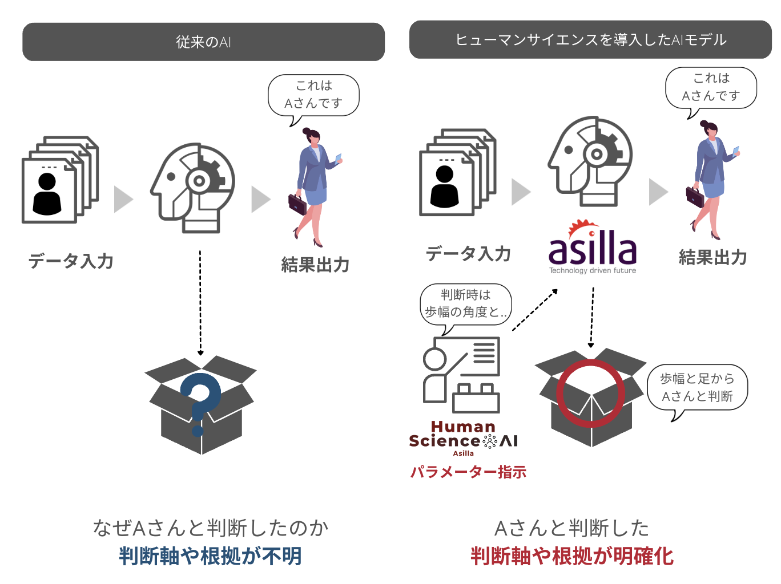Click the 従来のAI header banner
(x=203, y=42)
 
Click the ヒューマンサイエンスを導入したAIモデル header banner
(x=590, y=39)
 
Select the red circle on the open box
(x=590, y=393)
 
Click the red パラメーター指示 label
(x=468, y=472)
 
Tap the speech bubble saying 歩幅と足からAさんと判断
(x=697, y=388)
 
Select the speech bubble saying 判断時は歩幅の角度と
(x=466, y=304)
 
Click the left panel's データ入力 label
(x=71, y=261)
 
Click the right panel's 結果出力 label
(x=713, y=257)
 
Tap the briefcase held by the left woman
(x=297, y=204)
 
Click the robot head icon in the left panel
(x=192, y=187)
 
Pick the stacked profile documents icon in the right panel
(x=457, y=172)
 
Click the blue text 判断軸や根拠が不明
(x=210, y=555)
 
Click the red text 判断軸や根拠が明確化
(x=572, y=555)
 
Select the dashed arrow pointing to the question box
(x=200, y=302)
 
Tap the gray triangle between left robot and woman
(x=260, y=199)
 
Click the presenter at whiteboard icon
(x=461, y=374)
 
